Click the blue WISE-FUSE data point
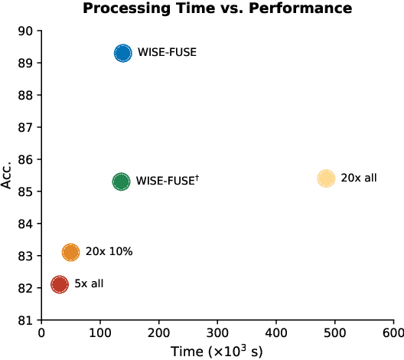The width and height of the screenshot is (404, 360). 122,54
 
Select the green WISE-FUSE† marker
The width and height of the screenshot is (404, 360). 121,182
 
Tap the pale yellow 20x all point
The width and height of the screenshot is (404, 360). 326,178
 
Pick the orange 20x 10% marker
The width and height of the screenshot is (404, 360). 70,252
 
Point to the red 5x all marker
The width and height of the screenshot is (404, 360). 60,284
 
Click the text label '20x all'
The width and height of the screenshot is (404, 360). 359,178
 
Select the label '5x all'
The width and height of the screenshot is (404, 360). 89,284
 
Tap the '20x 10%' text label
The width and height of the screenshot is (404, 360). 109,252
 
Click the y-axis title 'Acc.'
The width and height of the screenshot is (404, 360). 8,175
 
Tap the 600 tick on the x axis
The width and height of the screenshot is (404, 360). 393,333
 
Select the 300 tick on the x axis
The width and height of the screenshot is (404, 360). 217,333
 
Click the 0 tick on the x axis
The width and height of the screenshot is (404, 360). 41,333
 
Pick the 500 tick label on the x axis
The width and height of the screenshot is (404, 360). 334,333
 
